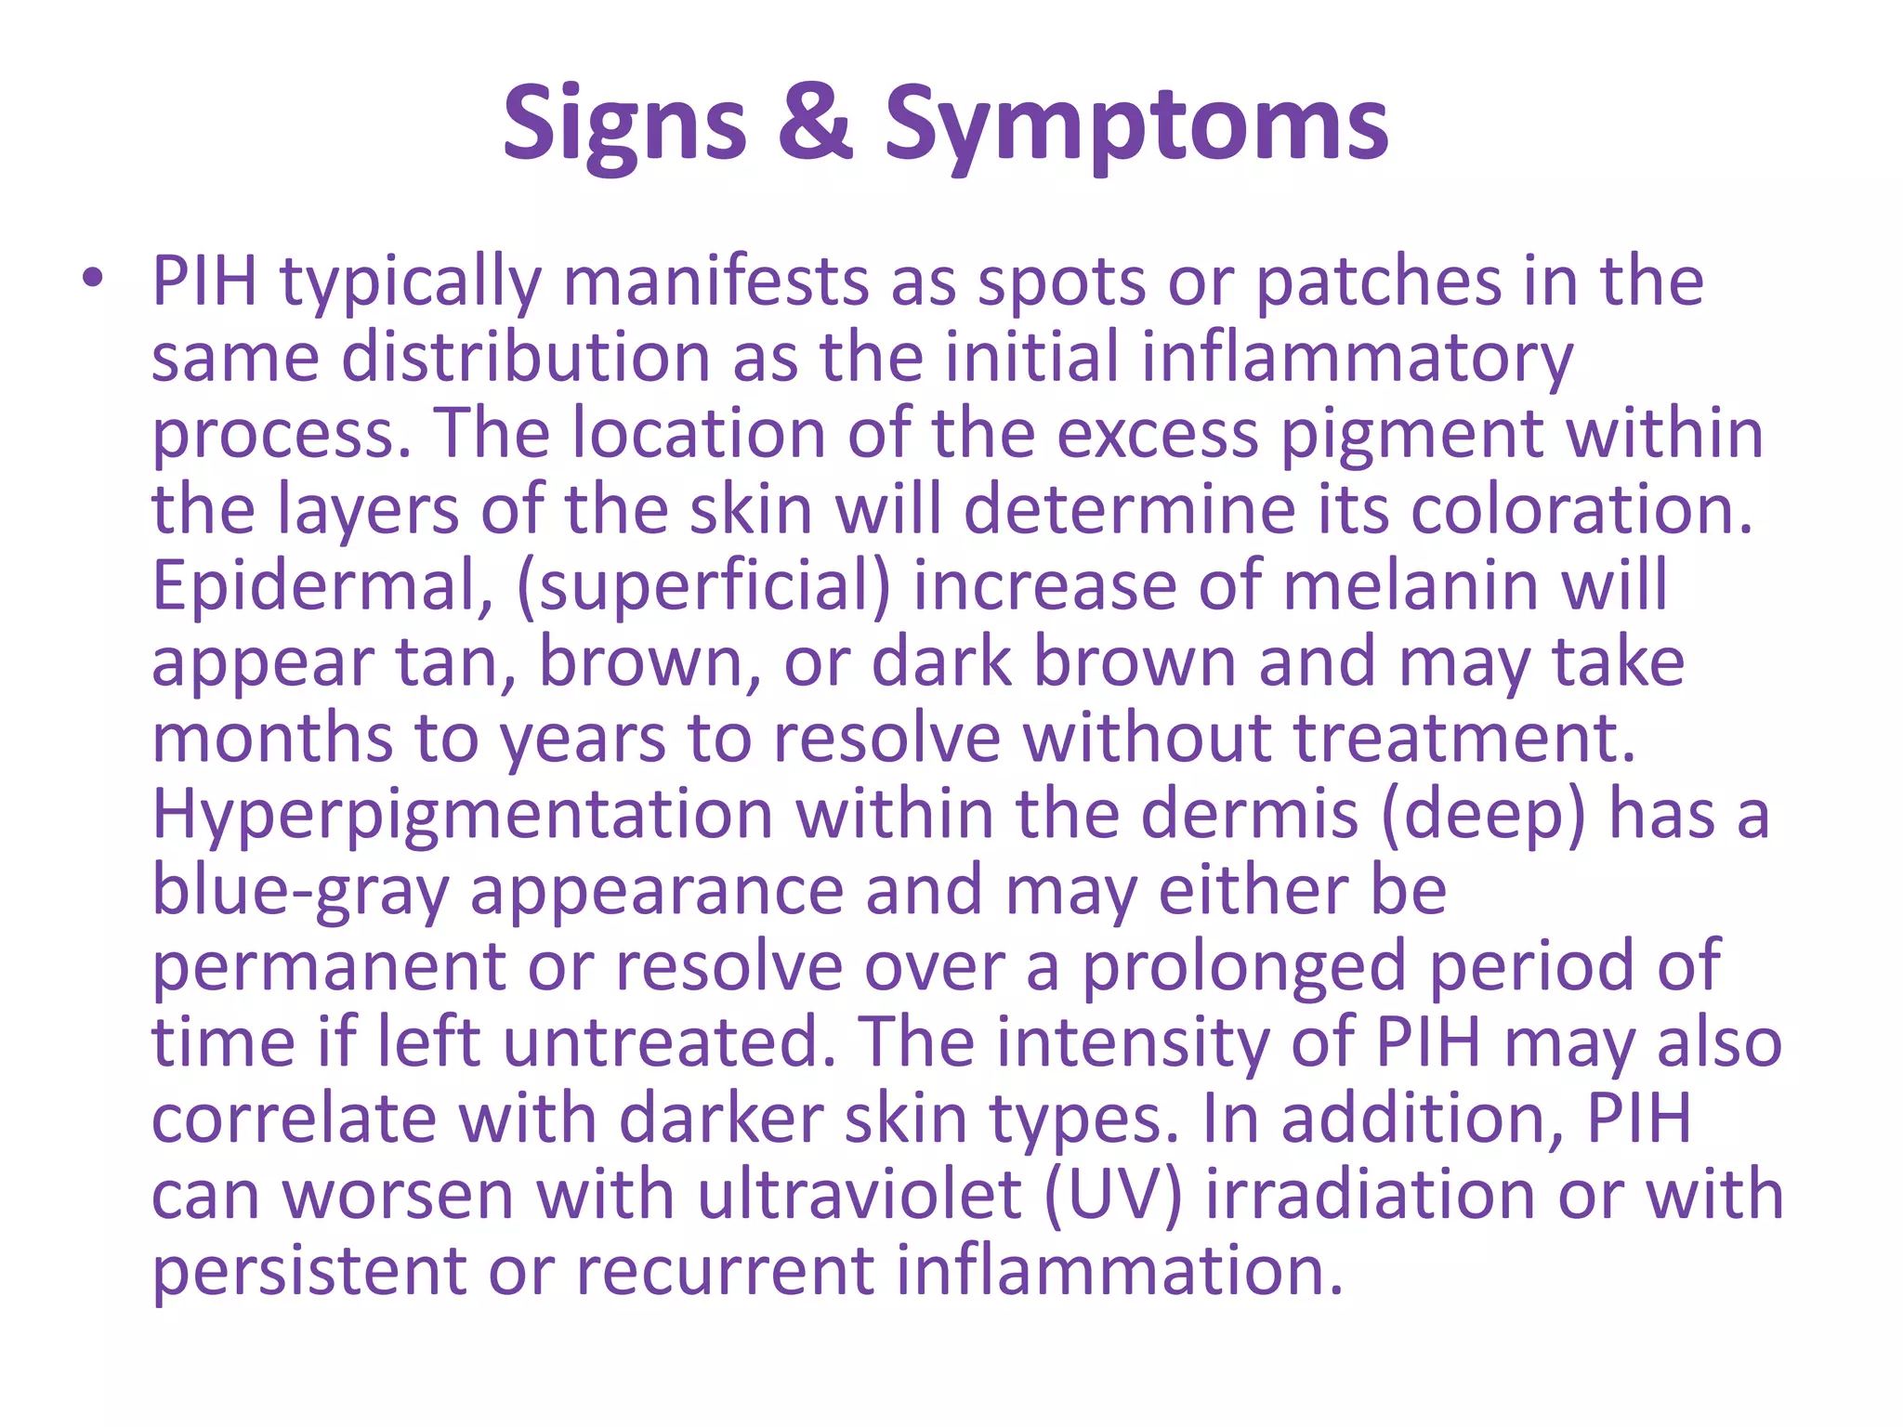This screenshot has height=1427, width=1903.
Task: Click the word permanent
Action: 328,967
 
